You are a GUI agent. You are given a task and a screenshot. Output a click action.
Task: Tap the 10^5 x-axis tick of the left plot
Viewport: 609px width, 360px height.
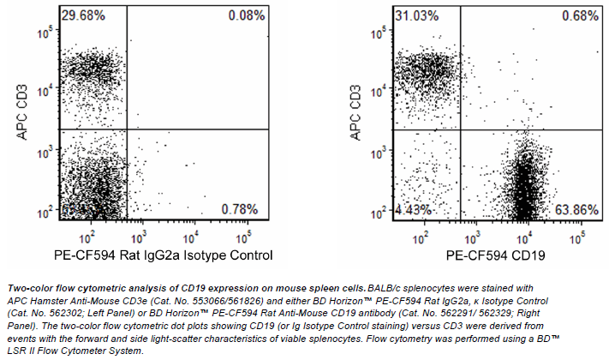[x=248, y=233]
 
